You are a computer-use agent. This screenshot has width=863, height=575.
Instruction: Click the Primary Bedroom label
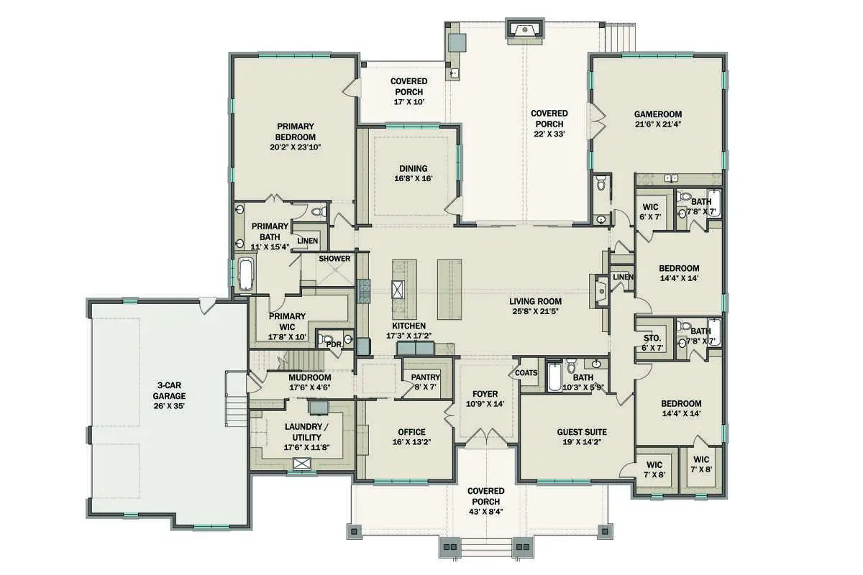coord(296,132)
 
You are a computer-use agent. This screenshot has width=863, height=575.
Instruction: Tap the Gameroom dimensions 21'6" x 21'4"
coord(657,124)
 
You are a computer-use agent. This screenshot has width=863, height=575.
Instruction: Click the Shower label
coord(334,259)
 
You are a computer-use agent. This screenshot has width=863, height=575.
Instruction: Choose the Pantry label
coord(425,378)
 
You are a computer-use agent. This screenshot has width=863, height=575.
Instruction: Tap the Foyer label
coord(485,394)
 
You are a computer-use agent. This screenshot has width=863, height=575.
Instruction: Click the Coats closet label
coord(526,372)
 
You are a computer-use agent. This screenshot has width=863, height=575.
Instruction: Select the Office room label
coord(411,432)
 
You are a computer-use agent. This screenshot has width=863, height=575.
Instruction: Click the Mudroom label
coord(309,377)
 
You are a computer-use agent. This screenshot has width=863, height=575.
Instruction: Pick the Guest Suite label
coord(582,432)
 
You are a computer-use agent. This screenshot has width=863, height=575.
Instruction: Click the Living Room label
coord(535,301)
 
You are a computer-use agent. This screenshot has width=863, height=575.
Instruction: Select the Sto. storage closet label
coord(652,338)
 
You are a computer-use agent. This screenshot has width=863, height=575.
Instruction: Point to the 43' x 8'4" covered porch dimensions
coord(485,501)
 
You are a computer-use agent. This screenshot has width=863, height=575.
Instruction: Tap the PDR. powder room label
coord(333,344)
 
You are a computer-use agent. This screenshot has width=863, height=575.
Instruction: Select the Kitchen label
coord(408,326)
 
